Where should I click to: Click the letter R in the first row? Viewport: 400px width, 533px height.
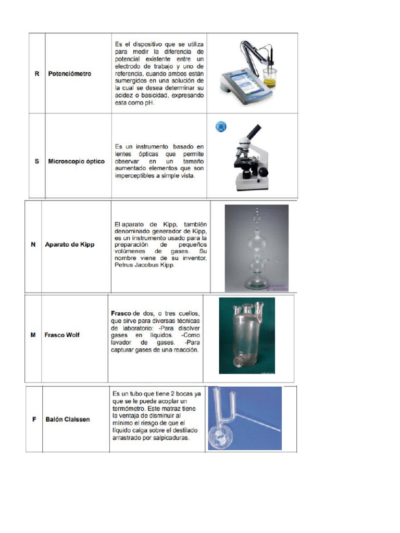coord(36,74)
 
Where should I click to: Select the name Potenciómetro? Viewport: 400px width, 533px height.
coord(69,74)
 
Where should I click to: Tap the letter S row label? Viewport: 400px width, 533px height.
coord(36,161)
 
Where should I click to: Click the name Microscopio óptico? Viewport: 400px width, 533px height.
coord(77,161)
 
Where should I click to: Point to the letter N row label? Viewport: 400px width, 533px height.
coord(33,245)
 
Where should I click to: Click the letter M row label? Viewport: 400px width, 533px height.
coord(33,335)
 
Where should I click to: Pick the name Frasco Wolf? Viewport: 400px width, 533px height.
coord(62,335)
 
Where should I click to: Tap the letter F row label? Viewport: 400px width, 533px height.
coord(34,420)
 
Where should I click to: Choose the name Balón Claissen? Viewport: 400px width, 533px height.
coord(67,420)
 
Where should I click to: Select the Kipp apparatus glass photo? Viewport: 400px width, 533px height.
coord(256,247)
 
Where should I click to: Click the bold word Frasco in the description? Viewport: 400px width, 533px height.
coord(121,314)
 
